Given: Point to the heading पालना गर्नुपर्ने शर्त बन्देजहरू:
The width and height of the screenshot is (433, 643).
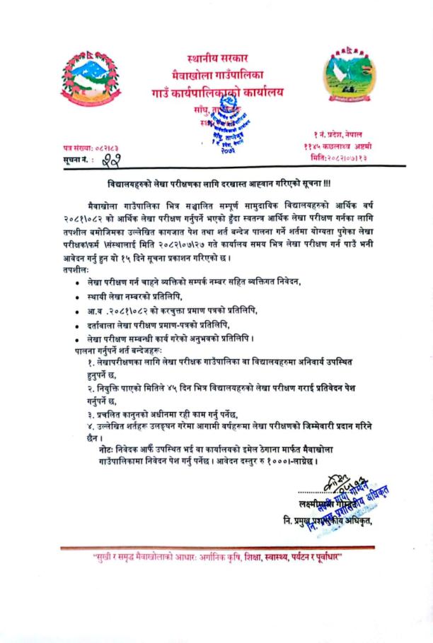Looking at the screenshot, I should pos(120,349).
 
